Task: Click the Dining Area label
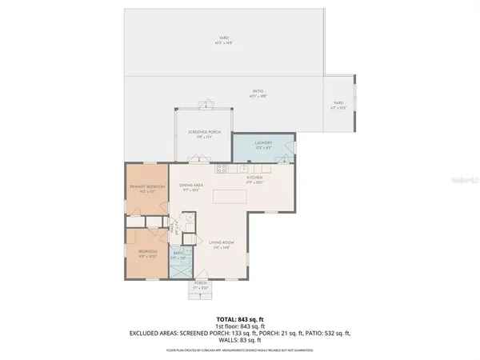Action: point(190,187)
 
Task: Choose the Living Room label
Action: point(221,242)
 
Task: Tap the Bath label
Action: point(178,256)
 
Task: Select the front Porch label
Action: point(201,284)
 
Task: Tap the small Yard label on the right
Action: point(338,104)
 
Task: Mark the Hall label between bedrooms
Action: point(174,230)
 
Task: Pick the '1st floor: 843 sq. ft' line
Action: point(239,326)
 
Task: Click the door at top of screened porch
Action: point(206,103)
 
